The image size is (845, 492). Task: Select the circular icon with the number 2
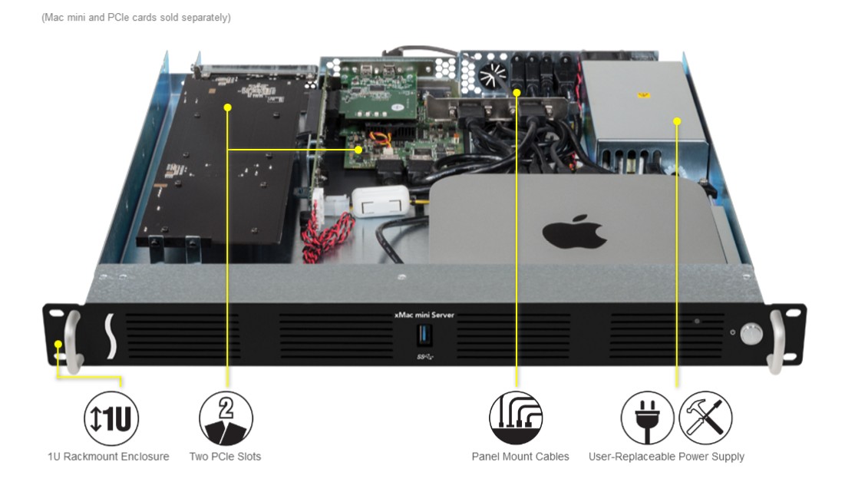(226, 419)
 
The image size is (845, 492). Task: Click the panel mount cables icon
(516, 419)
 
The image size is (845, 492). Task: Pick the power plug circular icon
(647, 419)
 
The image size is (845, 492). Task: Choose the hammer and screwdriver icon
(705, 419)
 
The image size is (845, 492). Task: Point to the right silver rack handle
(777, 342)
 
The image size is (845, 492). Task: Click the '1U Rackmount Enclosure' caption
(108, 457)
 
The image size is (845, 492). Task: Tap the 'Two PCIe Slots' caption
(225, 457)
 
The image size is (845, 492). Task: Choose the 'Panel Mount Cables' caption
(520, 457)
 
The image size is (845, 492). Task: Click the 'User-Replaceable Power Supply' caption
(666, 457)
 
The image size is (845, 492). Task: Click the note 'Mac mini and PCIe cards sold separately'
(136, 17)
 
